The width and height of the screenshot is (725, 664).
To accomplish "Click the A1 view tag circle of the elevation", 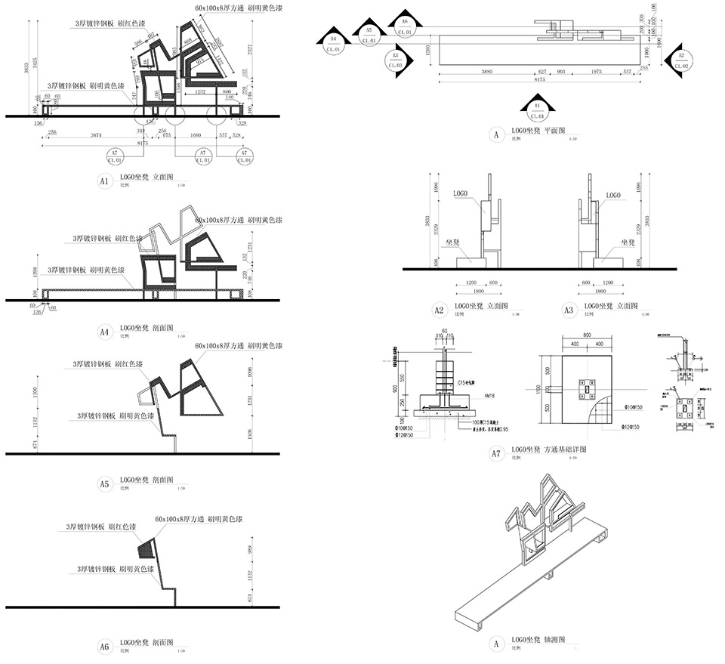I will [105, 182].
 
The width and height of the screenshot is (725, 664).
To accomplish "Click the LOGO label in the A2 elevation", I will [462, 194].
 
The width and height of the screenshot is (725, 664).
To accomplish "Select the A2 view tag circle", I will [439, 310].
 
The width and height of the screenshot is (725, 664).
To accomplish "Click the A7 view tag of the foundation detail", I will [496, 453].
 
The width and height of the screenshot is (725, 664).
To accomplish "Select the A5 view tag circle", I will [105, 483].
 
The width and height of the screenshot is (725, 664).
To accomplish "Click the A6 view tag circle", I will [105, 646].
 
